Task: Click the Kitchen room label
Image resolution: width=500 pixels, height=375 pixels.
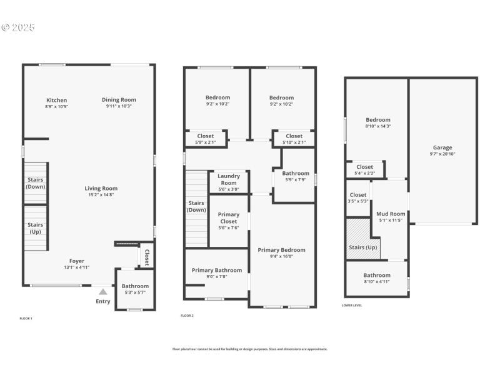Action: tap(56, 100)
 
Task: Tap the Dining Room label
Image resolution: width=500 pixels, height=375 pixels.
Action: tap(119, 99)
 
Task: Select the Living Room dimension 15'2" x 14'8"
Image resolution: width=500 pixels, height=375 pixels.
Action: tap(101, 195)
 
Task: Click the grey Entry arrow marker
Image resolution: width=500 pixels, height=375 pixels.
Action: tap(103, 291)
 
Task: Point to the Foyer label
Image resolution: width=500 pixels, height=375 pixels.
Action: tap(76, 261)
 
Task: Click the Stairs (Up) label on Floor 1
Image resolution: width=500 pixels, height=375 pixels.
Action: tap(36, 227)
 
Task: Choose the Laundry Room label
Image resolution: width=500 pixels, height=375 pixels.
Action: tap(229, 179)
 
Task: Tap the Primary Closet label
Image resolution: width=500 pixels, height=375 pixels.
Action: tap(229, 218)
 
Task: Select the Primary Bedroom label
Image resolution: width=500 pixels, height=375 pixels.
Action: tap(281, 249)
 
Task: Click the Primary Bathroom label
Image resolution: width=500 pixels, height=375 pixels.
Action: tap(217, 270)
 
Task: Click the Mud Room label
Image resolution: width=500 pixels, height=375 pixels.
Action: tap(391, 214)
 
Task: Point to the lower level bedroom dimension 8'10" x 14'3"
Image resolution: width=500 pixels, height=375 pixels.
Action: tap(378, 126)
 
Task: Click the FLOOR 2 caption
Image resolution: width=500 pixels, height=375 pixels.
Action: tap(187, 316)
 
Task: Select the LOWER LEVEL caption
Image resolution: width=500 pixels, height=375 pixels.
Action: tap(352, 306)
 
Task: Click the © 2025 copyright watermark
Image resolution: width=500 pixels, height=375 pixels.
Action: tap(18, 27)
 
